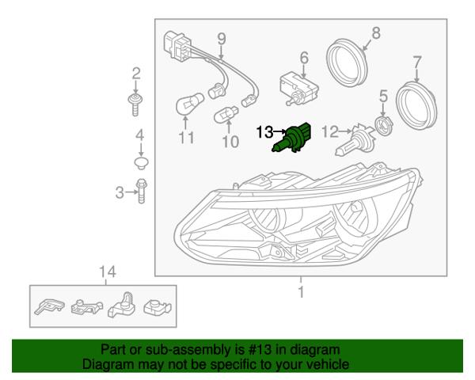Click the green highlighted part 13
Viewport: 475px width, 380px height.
[x=295, y=138]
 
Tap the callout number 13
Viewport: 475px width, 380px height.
[x=263, y=132]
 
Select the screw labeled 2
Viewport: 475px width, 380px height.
[x=136, y=103]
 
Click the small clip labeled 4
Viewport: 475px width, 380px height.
[x=139, y=164]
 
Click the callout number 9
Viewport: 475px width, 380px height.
[x=221, y=37]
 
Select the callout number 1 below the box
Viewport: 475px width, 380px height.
[x=300, y=293]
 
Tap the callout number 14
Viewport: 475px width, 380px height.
[x=108, y=272]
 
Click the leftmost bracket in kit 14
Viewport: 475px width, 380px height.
[x=50, y=305]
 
